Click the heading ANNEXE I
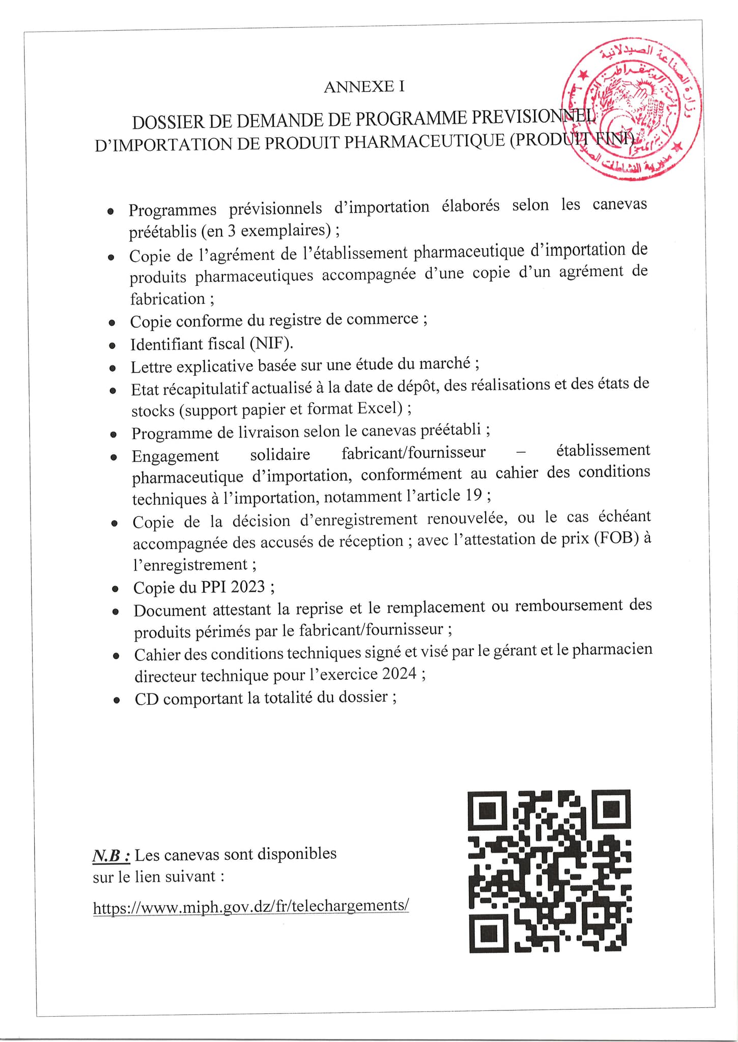364,87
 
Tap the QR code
549,871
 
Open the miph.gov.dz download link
251,906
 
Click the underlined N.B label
111,855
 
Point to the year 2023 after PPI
247,587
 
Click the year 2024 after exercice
399,674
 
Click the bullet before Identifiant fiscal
112,346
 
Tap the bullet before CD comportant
117,700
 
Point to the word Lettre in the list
151,367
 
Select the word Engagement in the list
175,455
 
